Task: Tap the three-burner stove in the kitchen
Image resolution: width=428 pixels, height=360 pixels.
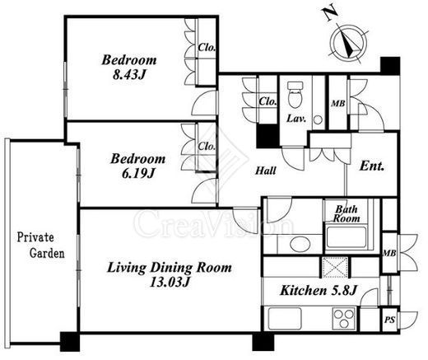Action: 344,319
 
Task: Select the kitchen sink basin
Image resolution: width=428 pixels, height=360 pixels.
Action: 285,319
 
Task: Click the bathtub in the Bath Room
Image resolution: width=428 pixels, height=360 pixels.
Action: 347,236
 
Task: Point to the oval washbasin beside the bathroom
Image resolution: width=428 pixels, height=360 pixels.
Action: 300,245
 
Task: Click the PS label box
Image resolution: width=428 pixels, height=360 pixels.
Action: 389,320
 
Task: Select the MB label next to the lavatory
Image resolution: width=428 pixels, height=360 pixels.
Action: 338,104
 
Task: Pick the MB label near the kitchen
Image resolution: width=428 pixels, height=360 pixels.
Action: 389,253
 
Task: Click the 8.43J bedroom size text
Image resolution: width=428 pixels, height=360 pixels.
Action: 128,75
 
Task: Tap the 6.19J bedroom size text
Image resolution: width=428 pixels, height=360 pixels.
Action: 138,173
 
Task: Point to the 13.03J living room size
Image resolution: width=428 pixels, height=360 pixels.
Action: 170,282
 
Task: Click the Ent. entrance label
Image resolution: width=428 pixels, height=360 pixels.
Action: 372,166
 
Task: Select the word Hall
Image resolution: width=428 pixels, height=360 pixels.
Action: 266,171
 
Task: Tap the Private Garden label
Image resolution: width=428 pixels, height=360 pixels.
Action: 41,245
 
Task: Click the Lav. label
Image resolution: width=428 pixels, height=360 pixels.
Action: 296,119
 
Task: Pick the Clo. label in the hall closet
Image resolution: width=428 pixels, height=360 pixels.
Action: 267,101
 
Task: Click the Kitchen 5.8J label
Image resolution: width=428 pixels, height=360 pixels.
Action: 318,291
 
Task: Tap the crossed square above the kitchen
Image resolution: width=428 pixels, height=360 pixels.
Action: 335,267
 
